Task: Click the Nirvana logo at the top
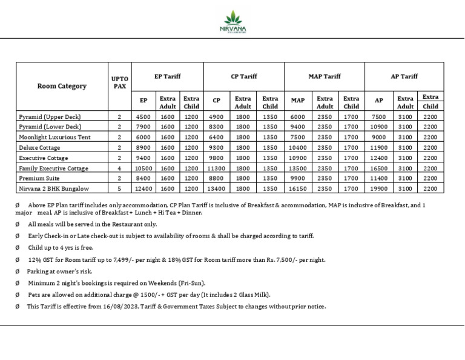click(232, 22)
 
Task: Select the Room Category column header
click(62, 86)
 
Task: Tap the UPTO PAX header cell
click(119, 82)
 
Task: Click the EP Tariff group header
click(167, 76)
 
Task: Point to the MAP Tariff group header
click(325, 76)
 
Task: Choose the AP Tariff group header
click(404, 76)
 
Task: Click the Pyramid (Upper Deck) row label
click(50, 116)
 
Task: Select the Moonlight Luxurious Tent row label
click(54, 137)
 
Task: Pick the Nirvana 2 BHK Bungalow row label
click(54, 189)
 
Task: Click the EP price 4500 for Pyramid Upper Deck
click(143, 116)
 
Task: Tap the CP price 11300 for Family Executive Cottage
click(216, 168)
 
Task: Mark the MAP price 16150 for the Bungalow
click(298, 189)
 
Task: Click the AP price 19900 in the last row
click(379, 189)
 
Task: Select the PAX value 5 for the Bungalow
click(119, 189)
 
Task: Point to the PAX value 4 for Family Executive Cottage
click(119, 168)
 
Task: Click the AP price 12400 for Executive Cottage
click(379, 158)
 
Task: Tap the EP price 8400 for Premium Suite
click(143, 179)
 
